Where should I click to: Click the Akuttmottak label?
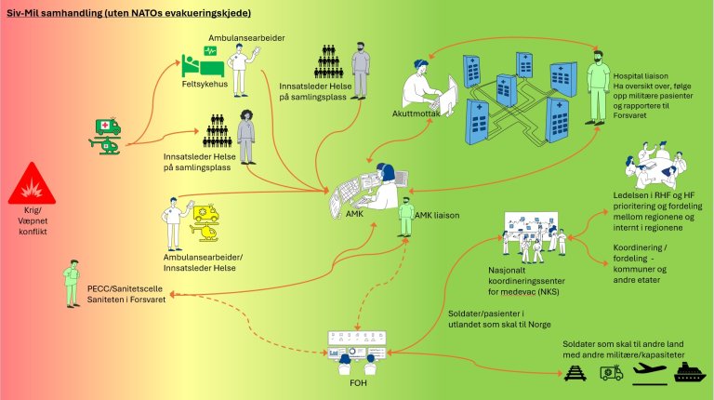(416, 113)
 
